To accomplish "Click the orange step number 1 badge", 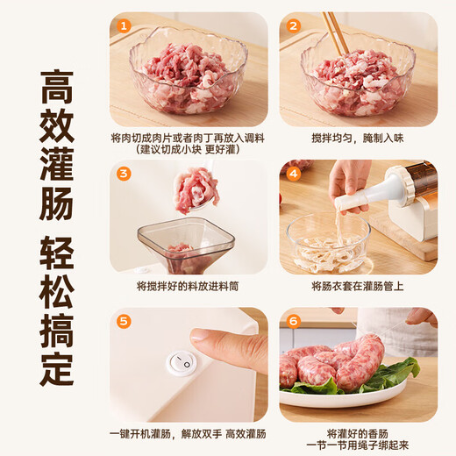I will (124, 25).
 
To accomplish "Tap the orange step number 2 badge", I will (293, 25).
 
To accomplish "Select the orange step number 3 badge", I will (124, 173).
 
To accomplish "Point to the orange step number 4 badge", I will (293, 173).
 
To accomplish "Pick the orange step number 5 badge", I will (124, 321).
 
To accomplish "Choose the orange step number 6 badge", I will (293, 321).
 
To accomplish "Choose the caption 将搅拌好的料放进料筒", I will (188, 286).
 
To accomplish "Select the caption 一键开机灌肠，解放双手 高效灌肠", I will (188, 433).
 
